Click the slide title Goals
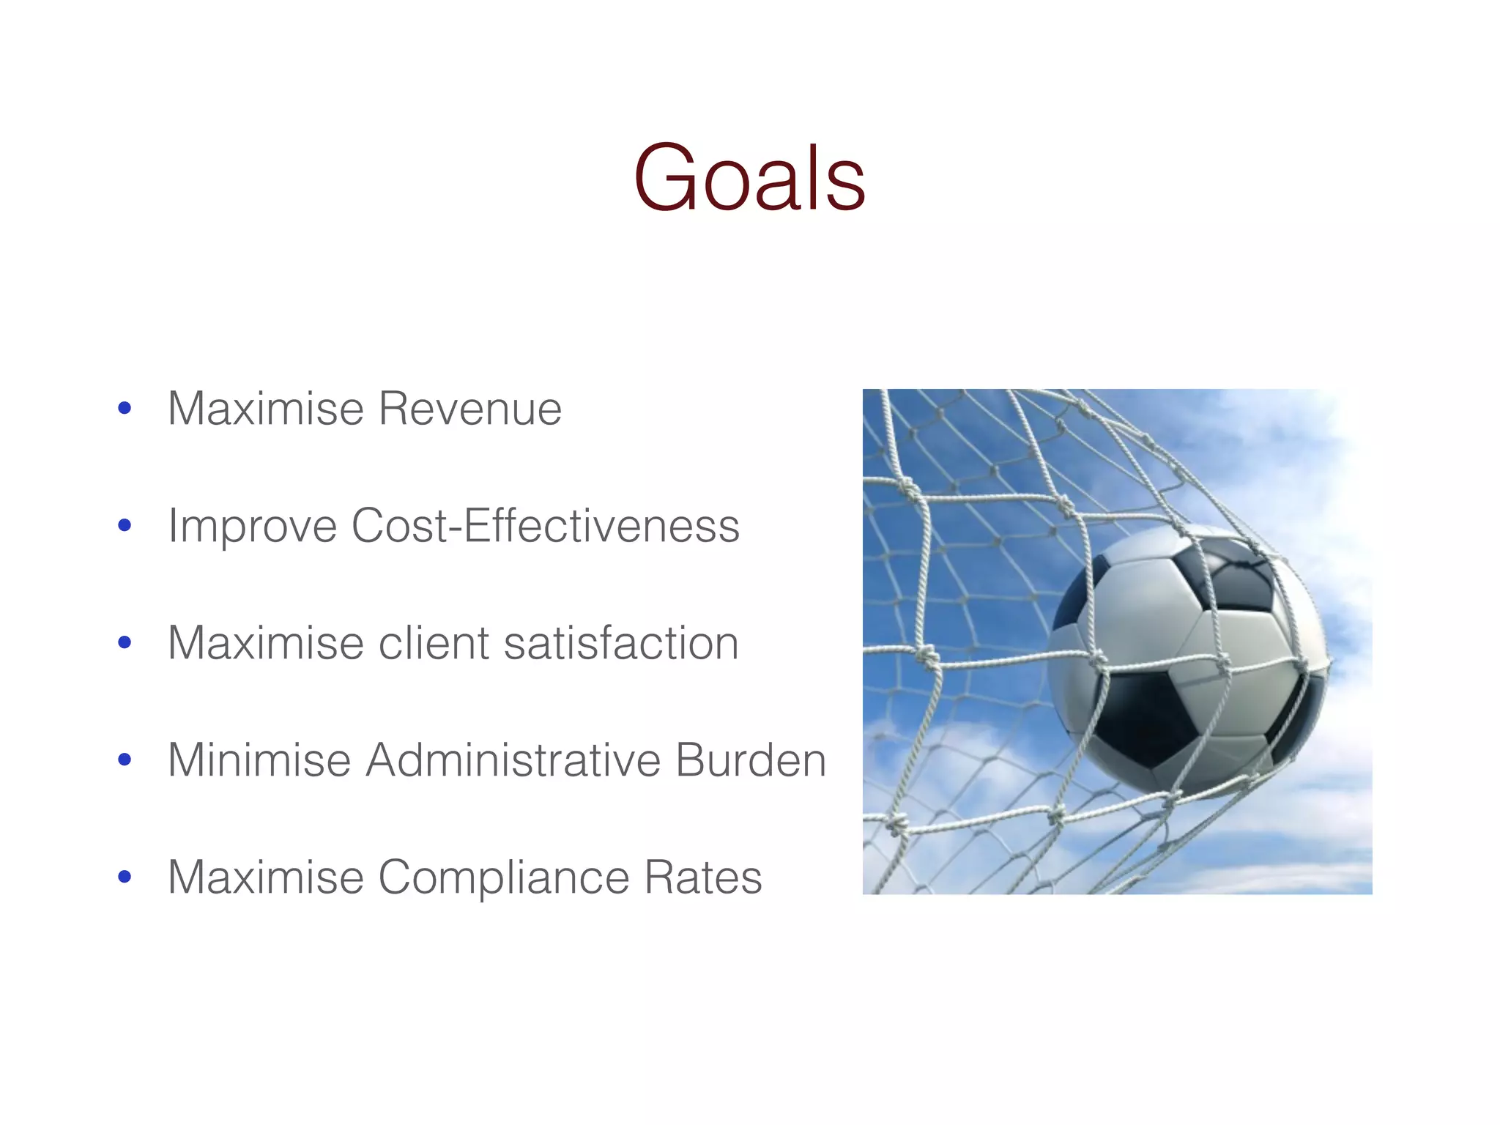(x=749, y=178)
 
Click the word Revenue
(x=470, y=409)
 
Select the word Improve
(x=252, y=527)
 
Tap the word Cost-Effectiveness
(x=546, y=526)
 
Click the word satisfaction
(x=621, y=643)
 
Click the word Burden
(x=751, y=760)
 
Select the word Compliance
(x=503, y=877)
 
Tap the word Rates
(x=703, y=877)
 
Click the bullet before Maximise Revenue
(x=125, y=409)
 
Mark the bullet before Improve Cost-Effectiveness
(x=125, y=526)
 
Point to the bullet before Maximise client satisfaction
(x=125, y=643)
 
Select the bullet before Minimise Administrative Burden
(x=125, y=760)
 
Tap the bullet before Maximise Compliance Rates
(x=125, y=877)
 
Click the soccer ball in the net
(x=1187, y=659)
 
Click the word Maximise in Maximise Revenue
(x=266, y=409)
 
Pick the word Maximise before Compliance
(x=266, y=877)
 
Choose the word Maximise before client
(x=266, y=643)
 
